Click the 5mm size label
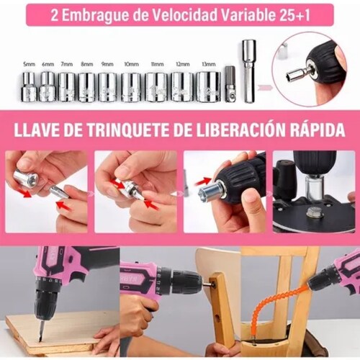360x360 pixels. [29, 64]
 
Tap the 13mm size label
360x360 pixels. [209, 64]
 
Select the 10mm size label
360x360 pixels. [131, 64]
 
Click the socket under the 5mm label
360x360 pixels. [29, 87]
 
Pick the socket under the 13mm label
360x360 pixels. [209, 86]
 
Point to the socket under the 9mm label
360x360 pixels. [107, 87]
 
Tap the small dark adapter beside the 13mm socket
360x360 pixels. [230, 84]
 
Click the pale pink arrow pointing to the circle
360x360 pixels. [265, 89]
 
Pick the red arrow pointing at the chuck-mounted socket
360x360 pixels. [203, 181]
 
